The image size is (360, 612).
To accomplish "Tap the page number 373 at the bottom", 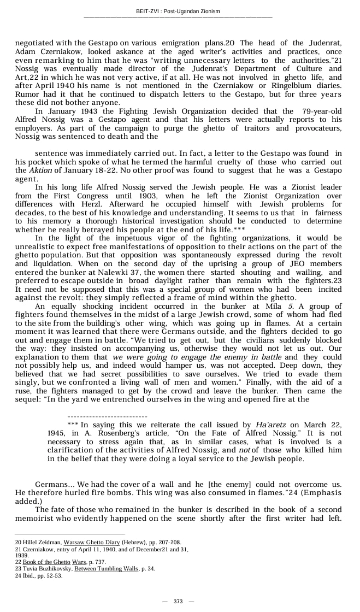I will pyautogui.click(x=178, y=602).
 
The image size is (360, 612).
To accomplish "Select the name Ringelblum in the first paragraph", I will pyautogui.click(x=296, y=86).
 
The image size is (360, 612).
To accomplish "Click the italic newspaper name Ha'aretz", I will pyautogui.click(x=270, y=425).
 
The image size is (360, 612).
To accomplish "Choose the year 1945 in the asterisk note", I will pyautogui.click(x=57, y=433).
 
